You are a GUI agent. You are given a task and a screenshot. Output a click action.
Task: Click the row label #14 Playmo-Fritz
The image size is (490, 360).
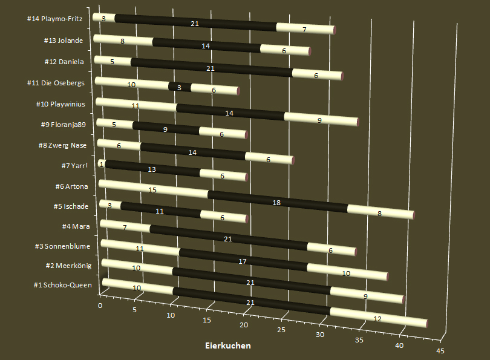pyautogui.click(x=59, y=19)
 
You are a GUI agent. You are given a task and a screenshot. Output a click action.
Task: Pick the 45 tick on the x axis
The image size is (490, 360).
pyautogui.click(x=440, y=351)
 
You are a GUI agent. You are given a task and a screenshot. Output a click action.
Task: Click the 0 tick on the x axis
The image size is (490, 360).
pyautogui.click(x=100, y=306)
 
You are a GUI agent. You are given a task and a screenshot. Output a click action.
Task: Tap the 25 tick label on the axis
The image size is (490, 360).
pyautogui.click(x=281, y=330)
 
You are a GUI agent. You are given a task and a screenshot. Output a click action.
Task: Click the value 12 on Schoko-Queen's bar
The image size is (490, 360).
pyautogui.click(x=377, y=319)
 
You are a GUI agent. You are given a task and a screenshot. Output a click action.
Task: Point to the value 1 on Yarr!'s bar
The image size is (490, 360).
pyautogui.click(x=102, y=164)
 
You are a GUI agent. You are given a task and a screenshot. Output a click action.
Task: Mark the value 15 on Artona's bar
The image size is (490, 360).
pyautogui.click(x=153, y=189)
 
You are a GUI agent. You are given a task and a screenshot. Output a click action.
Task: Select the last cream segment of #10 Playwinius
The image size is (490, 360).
pyautogui.click(x=321, y=119)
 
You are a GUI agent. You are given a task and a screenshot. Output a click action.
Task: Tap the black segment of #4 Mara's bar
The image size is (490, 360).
pyautogui.click(x=228, y=239)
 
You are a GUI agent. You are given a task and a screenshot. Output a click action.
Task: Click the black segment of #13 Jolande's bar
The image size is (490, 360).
pyautogui.click(x=206, y=45)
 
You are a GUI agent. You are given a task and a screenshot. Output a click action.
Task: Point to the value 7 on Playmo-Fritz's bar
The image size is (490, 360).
pyautogui.click(x=304, y=29)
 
